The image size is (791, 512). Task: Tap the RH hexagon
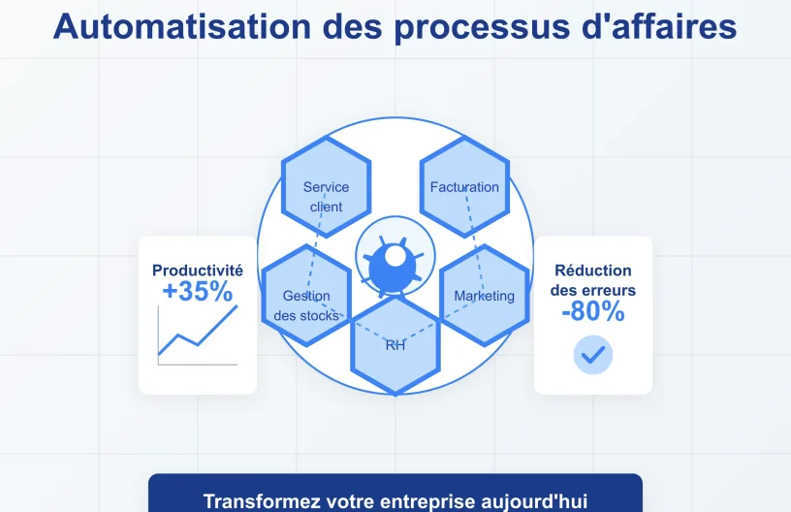point(395,346)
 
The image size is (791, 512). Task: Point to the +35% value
point(198,292)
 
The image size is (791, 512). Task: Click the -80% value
point(592,311)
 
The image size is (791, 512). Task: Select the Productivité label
point(198,271)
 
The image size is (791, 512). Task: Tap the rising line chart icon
point(198,335)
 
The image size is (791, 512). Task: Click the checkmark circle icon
point(593,354)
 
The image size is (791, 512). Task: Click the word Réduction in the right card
point(593,271)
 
